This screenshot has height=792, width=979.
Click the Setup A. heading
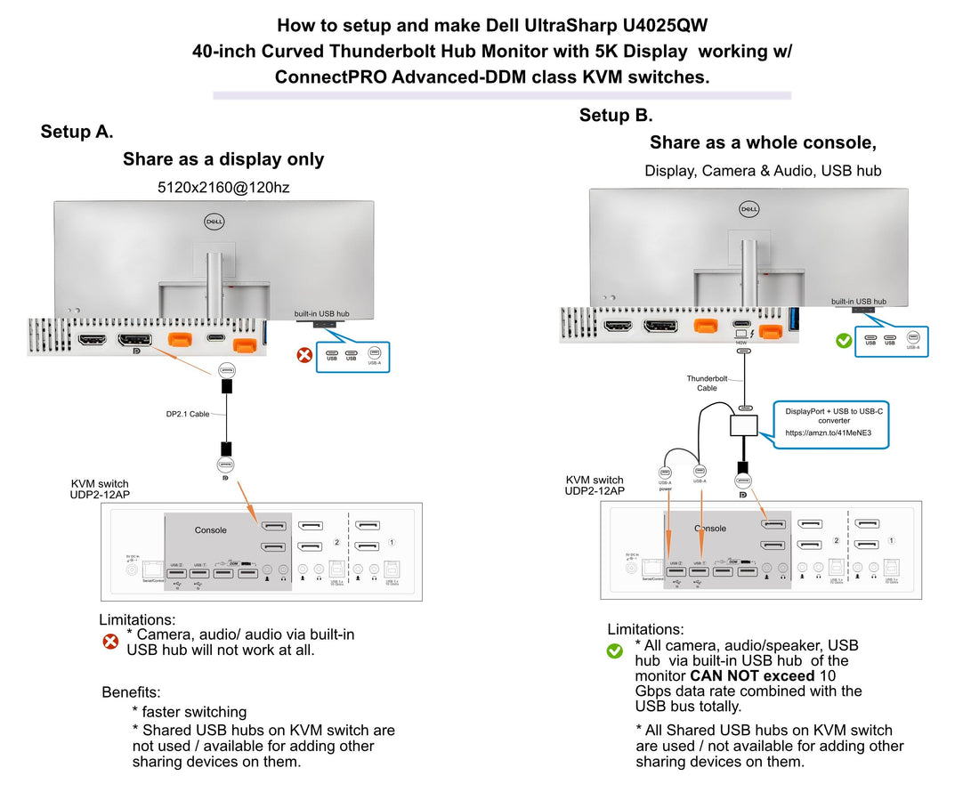click(x=77, y=132)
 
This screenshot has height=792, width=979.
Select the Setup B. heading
click(x=616, y=115)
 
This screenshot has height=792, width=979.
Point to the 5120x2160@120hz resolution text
click(x=223, y=188)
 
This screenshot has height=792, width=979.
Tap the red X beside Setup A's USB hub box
click(x=304, y=355)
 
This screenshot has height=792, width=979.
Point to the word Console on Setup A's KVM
click(x=211, y=530)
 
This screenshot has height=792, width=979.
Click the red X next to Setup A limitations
click(x=110, y=641)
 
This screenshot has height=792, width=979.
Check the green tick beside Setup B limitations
click(x=614, y=651)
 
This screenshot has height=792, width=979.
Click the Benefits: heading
click(x=131, y=691)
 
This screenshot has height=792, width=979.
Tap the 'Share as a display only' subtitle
click(x=223, y=159)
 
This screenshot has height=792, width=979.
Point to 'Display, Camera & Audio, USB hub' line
click(x=763, y=170)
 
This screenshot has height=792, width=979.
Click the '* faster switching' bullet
click(x=190, y=712)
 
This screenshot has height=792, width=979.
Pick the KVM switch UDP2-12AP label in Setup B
click(x=595, y=485)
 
